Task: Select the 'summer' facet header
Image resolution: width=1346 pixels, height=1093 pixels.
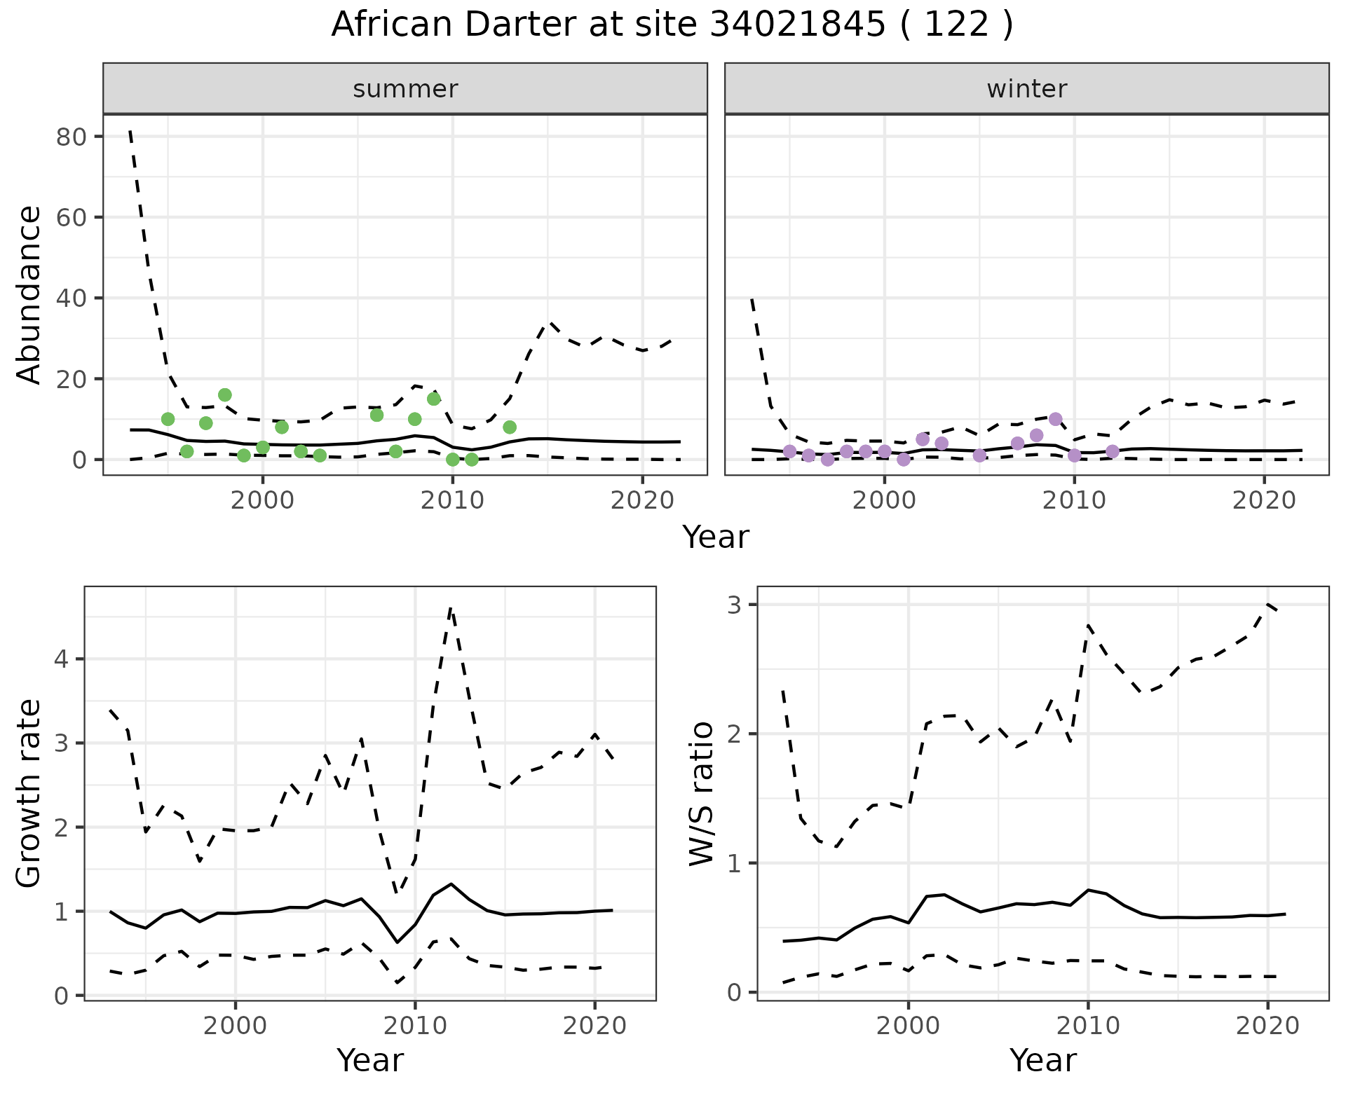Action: coord(405,89)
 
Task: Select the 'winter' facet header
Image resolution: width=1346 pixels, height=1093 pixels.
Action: coord(1026,89)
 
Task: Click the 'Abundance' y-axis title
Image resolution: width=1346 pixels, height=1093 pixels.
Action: coord(29,294)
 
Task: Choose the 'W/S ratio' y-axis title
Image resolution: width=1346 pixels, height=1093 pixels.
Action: coord(701,793)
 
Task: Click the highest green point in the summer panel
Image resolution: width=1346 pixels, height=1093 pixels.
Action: coord(225,395)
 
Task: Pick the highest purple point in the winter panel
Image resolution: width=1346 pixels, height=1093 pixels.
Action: coord(1056,420)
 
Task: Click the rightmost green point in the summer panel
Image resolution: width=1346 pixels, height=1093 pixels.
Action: coord(510,427)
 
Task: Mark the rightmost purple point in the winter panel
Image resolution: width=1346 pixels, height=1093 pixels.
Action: coord(1113,451)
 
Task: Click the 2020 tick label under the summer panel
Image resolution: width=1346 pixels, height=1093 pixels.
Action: coord(642,501)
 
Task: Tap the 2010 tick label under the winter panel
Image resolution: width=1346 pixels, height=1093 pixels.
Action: coord(1074,501)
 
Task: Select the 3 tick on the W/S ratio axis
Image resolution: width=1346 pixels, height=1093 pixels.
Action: coord(734,605)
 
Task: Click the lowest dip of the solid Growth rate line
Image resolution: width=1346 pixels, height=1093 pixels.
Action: coord(397,942)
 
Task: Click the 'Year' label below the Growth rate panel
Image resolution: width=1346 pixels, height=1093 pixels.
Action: coord(370,1060)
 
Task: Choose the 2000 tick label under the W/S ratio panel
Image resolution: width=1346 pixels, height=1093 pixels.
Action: coord(909,1026)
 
